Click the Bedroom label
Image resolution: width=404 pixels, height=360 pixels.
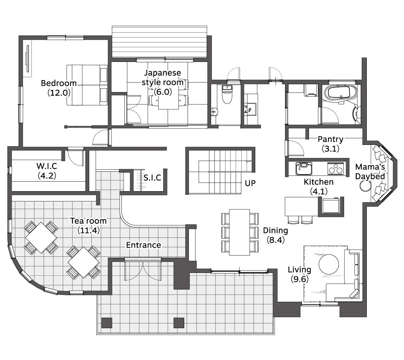(59, 83)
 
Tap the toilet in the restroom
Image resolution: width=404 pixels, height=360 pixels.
(227, 94)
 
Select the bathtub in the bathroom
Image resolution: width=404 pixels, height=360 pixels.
(341, 93)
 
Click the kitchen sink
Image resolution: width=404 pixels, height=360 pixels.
(304, 168)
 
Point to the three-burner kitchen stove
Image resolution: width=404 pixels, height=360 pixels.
(335, 168)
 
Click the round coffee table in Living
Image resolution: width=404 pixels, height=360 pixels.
(329, 265)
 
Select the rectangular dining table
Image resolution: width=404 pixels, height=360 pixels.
(239, 232)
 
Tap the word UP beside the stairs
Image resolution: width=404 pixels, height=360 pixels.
(250, 183)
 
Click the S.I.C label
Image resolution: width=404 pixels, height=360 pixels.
(152, 178)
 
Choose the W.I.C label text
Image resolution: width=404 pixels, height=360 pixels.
(47, 166)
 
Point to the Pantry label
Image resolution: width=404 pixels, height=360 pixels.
(330, 139)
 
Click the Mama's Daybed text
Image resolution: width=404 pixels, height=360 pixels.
(370, 171)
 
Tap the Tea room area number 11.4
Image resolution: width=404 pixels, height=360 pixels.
(88, 230)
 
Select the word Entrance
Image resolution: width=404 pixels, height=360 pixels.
(143, 245)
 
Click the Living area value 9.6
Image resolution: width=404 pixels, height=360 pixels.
(299, 279)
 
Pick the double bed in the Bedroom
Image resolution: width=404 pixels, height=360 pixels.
(87, 85)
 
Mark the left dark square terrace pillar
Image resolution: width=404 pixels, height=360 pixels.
(107, 323)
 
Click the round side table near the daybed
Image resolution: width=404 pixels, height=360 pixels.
(365, 186)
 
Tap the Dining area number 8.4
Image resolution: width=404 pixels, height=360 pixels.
(276, 240)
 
